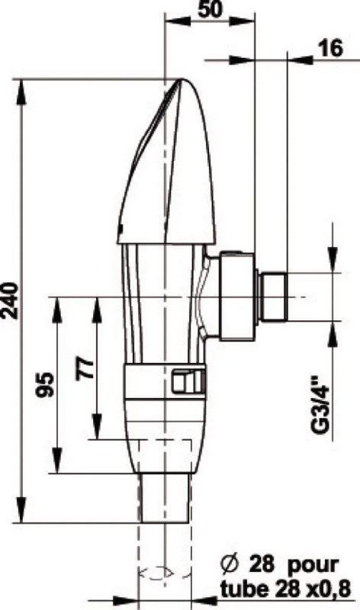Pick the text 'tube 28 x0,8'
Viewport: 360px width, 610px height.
pyautogui.click(x=289, y=588)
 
